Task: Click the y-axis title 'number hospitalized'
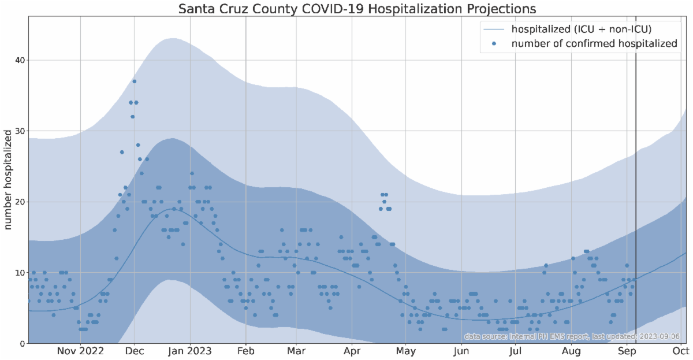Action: tap(9, 180)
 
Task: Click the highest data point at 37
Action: tap(134, 81)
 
